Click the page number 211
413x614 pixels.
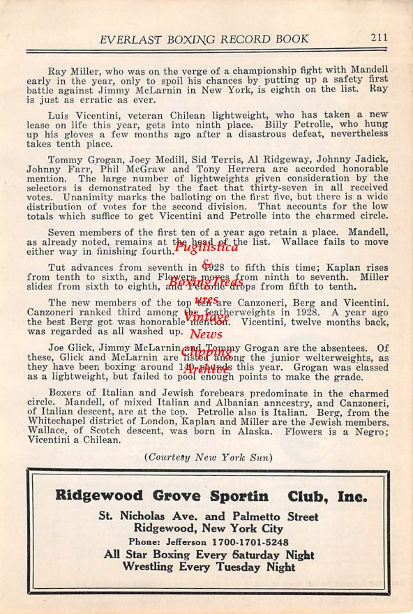pos(379,38)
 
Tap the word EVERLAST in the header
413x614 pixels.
pos(130,39)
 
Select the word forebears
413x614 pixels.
pos(215,393)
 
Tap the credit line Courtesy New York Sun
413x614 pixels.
pos(208,457)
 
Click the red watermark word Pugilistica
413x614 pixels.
pos(206,247)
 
